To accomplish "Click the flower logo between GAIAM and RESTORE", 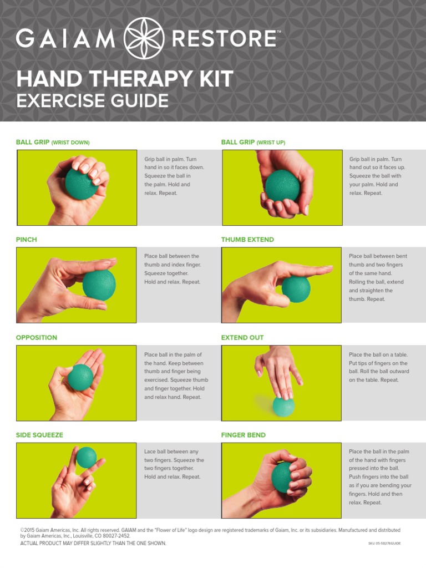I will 145,38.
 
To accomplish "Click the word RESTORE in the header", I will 224,39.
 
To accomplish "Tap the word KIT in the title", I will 214,79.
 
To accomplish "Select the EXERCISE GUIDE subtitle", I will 92,101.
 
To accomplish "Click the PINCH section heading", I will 27,240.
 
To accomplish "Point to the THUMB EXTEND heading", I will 247,240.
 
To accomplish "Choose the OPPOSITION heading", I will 37,337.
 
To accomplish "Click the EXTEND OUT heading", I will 242,337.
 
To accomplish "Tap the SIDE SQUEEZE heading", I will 39,435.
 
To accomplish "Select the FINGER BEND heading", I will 244,435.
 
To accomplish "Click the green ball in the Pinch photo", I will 99,285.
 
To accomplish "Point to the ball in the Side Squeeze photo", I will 86,458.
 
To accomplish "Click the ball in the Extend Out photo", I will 284,405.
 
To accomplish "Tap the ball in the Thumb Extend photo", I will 296,289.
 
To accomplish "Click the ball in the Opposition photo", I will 80,377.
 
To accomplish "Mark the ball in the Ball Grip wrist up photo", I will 282,186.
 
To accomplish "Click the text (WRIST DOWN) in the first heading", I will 70,143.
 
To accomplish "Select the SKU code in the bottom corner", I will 384,544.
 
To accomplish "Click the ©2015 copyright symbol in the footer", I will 23,530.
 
